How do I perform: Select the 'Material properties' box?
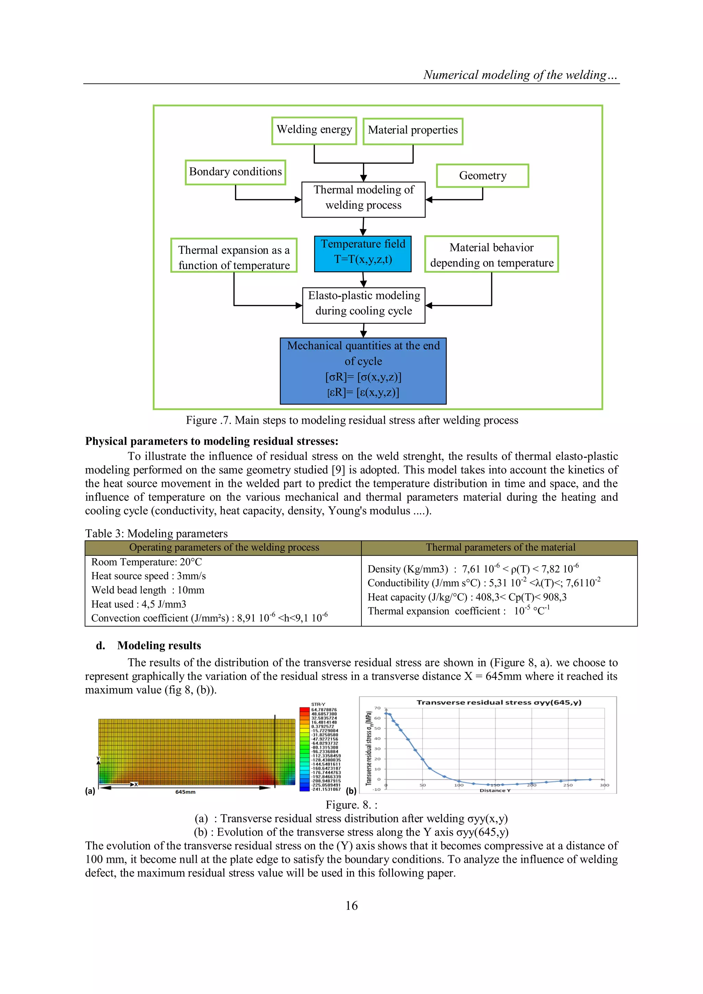pyautogui.click(x=413, y=131)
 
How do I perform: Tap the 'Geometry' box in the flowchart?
pyautogui.click(x=482, y=176)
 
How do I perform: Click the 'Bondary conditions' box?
pyautogui.click(x=235, y=172)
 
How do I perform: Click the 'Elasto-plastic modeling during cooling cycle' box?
pyautogui.click(x=364, y=305)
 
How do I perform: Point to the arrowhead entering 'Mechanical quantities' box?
pyautogui.click(x=364, y=334)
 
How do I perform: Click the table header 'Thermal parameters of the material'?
pyautogui.click(x=500, y=548)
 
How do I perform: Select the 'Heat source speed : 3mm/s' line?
pyautogui.click(x=149, y=576)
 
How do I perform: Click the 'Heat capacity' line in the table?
pyautogui.click(x=466, y=597)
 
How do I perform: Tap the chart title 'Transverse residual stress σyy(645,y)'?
pyautogui.click(x=498, y=702)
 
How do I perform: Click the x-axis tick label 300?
pyautogui.click(x=604, y=785)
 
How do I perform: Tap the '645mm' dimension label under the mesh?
pyautogui.click(x=185, y=792)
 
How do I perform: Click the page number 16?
pyautogui.click(x=351, y=905)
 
